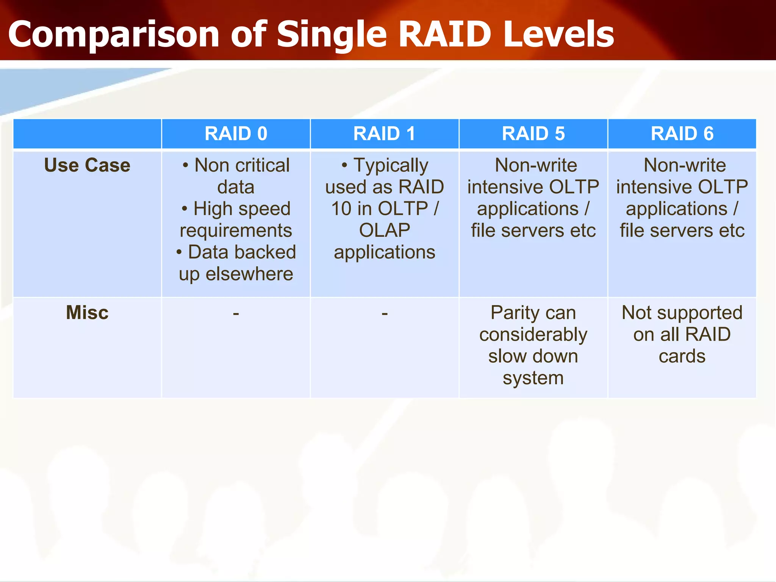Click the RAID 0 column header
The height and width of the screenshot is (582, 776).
236,133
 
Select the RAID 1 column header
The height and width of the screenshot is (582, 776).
384,133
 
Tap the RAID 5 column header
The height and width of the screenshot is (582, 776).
533,133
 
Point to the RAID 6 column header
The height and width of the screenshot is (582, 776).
682,133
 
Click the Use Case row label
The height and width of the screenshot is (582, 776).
87,165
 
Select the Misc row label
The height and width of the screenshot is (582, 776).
87,313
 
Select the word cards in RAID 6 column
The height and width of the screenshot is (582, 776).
682,356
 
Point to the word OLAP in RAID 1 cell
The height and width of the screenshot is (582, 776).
385,230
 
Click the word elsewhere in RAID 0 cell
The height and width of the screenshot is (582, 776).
249,274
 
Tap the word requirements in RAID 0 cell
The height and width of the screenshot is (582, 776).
236,230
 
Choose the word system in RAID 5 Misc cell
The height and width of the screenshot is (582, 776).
533,378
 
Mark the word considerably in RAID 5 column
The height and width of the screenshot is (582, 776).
533,335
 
